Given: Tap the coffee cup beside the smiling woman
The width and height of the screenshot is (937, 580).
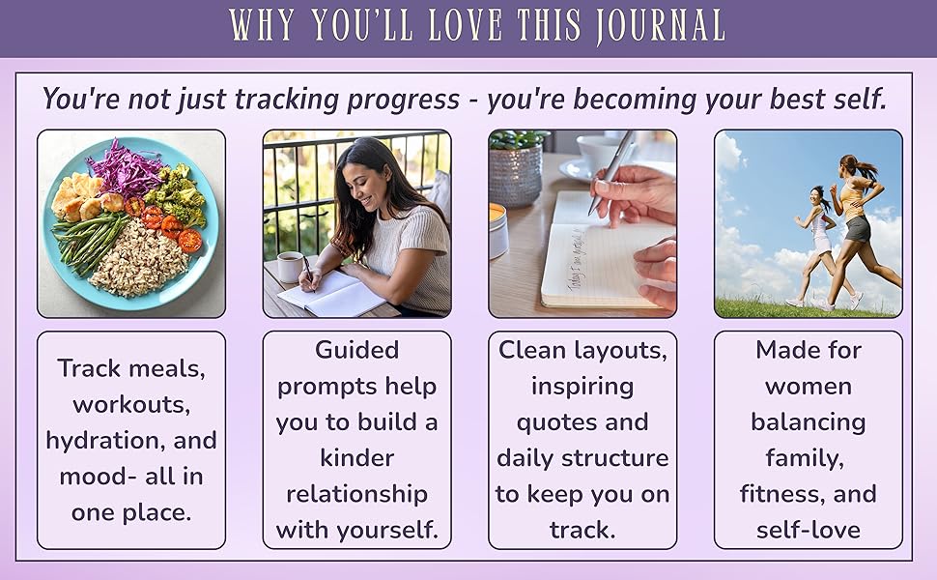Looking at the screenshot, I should (x=289, y=266).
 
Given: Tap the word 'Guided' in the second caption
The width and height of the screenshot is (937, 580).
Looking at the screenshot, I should (x=356, y=350).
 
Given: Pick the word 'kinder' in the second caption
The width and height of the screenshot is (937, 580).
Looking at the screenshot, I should (x=356, y=458).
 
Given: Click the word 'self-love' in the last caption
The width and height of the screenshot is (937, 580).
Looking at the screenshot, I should (x=809, y=530).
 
